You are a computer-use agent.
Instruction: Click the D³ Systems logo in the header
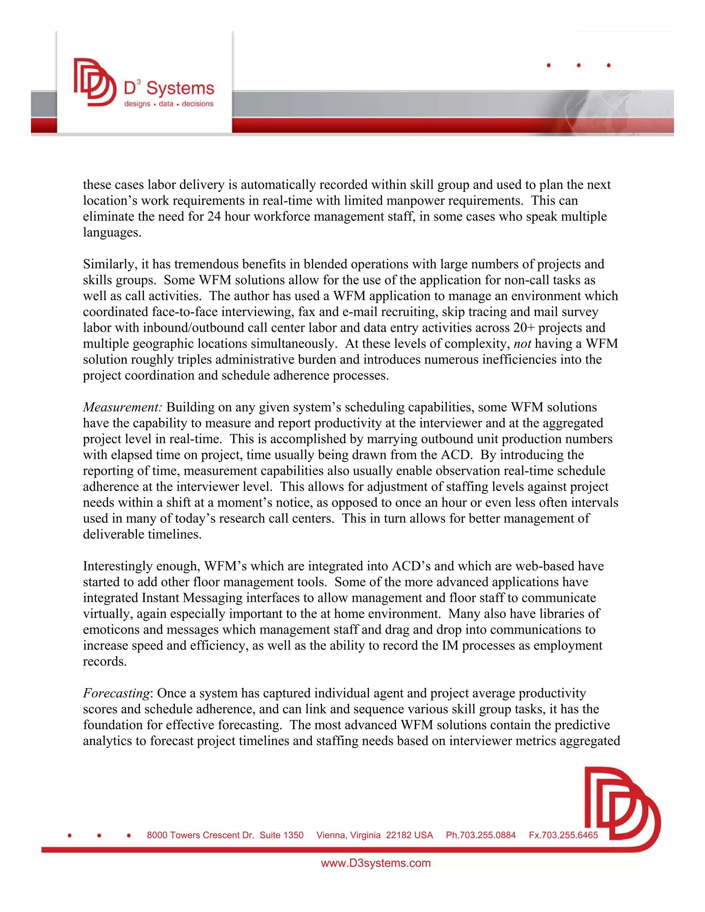pyautogui.click(x=144, y=83)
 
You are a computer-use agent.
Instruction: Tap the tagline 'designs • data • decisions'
pyautogui.click(x=168, y=104)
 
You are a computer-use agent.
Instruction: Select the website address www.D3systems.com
pyautogui.click(x=376, y=863)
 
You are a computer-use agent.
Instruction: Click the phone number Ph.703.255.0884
pyautogui.click(x=480, y=835)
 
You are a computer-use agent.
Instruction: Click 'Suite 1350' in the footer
pyautogui.click(x=282, y=835)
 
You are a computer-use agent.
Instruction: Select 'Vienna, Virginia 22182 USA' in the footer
pyautogui.click(x=374, y=835)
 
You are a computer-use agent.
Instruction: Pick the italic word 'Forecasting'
pyautogui.click(x=116, y=693)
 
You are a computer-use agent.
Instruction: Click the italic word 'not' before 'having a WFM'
pyautogui.click(x=522, y=344)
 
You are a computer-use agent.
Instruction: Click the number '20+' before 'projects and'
pyautogui.click(x=524, y=328)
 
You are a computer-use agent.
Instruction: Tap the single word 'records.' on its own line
pyautogui.click(x=104, y=661)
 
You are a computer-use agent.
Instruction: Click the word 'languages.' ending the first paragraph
pyautogui.click(x=112, y=233)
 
